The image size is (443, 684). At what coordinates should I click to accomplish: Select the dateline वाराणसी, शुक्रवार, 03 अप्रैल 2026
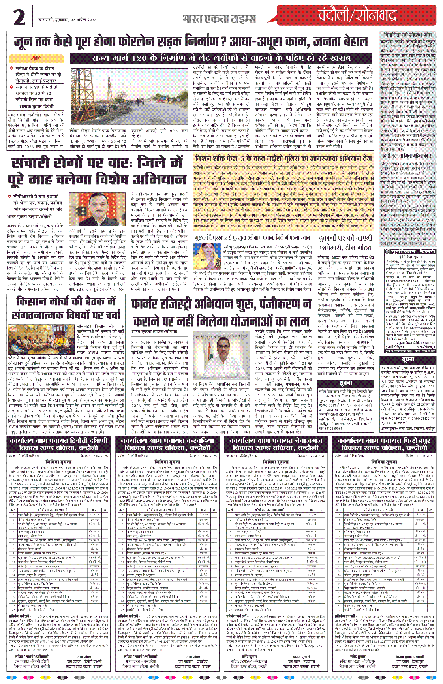click(x=68, y=20)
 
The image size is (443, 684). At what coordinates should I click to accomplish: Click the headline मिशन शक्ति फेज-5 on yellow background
click(x=283, y=159)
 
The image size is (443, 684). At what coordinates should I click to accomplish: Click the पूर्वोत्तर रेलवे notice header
click(x=410, y=251)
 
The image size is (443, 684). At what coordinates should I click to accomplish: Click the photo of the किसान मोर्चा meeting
click(x=42, y=339)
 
